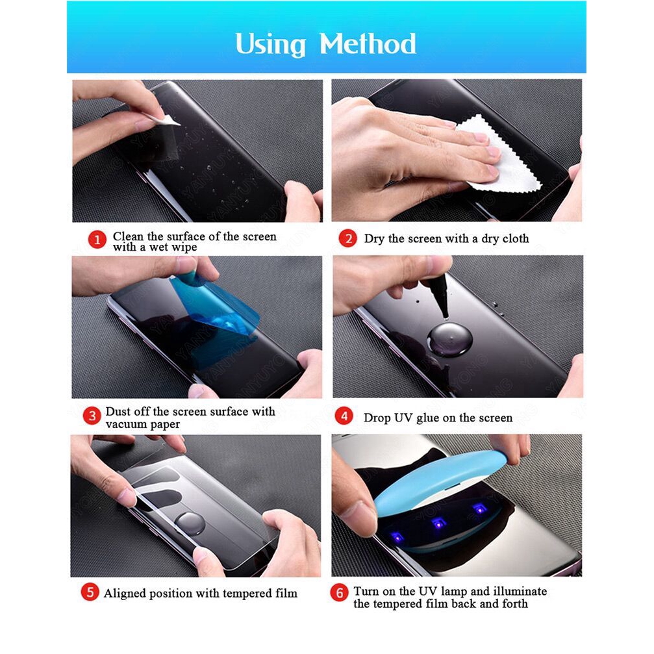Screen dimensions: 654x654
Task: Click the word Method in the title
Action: pos(368,44)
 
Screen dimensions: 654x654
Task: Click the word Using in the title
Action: pos(270,44)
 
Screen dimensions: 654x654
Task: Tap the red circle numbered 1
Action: pos(97,240)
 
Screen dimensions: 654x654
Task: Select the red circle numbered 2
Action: pos(347,238)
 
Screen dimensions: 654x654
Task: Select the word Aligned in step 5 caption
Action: pos(125,593)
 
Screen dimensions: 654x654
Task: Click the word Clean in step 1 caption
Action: pos(127,236)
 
